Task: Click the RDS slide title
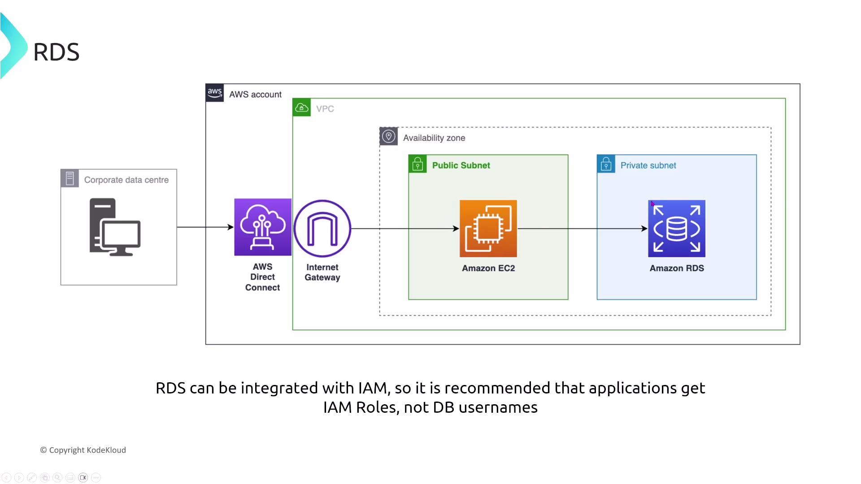pyautogui.click(x=57, y=52)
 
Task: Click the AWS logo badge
pyautogui.click(x=215, y=93)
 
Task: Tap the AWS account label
pyautogui.click(x=255, y=95)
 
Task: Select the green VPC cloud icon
pyautogui.click(x=302, y=108)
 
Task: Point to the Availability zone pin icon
pyautogui.click(x=389, y=136)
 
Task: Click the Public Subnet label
pyautogui.click(x=461, y=165)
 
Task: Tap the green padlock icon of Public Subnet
pyautogui.click(x=417, y=164)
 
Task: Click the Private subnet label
pyautogui.click(x=648, y=165)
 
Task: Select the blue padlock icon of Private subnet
pyautogui.click(x=606, y=164)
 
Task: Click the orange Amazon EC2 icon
pyautogui.click(x=488, y=229)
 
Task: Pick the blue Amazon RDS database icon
pyautogui.click(x=677, y=229)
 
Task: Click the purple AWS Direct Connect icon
pyautogui.click(x=263, y=227)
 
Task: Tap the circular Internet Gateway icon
pyautogui.click(x=322, y=229)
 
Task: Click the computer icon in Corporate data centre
pyautogui.click(x=115, y=227)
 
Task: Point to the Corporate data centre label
pyautogui.click(x=126, y=180)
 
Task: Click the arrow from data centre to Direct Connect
pyautogui.click(x=205, y=227)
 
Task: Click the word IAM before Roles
pyautogui.click(x=338, y=407)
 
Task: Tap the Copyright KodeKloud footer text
pyautogui.click(x=83, y=450)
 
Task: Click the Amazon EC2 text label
pyautogui.click(x=488, y=268)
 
